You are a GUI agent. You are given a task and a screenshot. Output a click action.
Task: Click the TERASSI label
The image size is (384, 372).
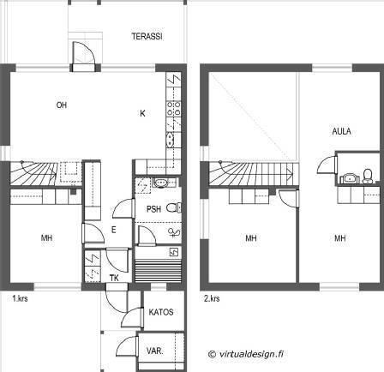147,36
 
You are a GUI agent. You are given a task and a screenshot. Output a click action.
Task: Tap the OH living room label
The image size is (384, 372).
62,105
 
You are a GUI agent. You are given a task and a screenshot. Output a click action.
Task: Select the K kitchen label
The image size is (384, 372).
142,113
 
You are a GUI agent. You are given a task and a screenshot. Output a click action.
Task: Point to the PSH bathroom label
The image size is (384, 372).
153,209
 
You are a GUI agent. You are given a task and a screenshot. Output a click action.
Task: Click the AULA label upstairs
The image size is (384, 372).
341,131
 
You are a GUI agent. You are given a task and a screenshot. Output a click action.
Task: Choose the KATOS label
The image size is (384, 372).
161,312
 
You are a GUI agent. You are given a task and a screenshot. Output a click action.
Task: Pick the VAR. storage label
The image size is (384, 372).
155,351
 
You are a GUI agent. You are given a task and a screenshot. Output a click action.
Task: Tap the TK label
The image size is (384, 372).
114,278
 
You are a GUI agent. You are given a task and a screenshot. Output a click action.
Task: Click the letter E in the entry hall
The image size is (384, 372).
113,230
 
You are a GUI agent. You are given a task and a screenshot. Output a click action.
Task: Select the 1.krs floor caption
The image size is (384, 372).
20,298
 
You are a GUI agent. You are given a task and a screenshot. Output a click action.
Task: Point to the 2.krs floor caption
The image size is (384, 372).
212,298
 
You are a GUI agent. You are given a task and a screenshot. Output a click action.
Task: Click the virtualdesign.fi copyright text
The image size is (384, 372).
246,354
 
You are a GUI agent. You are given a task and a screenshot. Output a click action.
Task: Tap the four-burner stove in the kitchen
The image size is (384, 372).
174,109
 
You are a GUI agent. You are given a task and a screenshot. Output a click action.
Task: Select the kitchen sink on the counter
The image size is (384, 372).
171,140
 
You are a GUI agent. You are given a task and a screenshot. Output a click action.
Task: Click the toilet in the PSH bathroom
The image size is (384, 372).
174,207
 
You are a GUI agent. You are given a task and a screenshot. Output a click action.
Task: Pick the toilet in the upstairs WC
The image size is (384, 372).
368,176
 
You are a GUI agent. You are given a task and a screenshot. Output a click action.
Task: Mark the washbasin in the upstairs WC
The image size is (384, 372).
350,178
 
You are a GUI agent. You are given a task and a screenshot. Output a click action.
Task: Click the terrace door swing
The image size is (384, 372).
83,53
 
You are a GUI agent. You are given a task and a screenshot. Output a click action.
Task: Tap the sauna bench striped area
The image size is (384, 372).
158,271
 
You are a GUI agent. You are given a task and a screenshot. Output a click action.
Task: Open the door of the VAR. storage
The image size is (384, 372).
127,345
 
